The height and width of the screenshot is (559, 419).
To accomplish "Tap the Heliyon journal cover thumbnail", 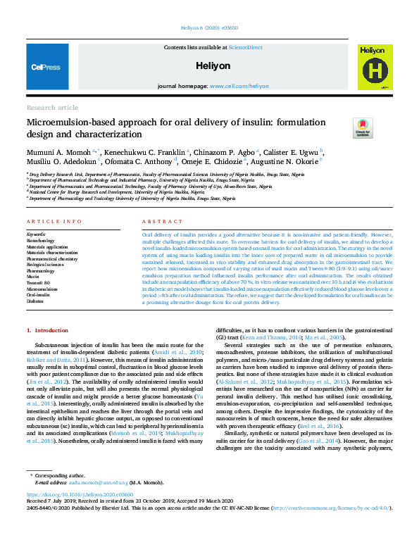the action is (373, 68).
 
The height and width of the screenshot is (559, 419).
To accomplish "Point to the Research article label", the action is (52, 107).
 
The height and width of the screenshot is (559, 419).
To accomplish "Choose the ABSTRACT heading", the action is (158, 221).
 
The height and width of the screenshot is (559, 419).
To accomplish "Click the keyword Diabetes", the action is (36, 301).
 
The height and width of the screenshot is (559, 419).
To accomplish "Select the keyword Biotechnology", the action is (40, 241).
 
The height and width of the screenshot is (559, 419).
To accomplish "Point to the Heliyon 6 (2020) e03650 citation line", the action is (210, 30).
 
